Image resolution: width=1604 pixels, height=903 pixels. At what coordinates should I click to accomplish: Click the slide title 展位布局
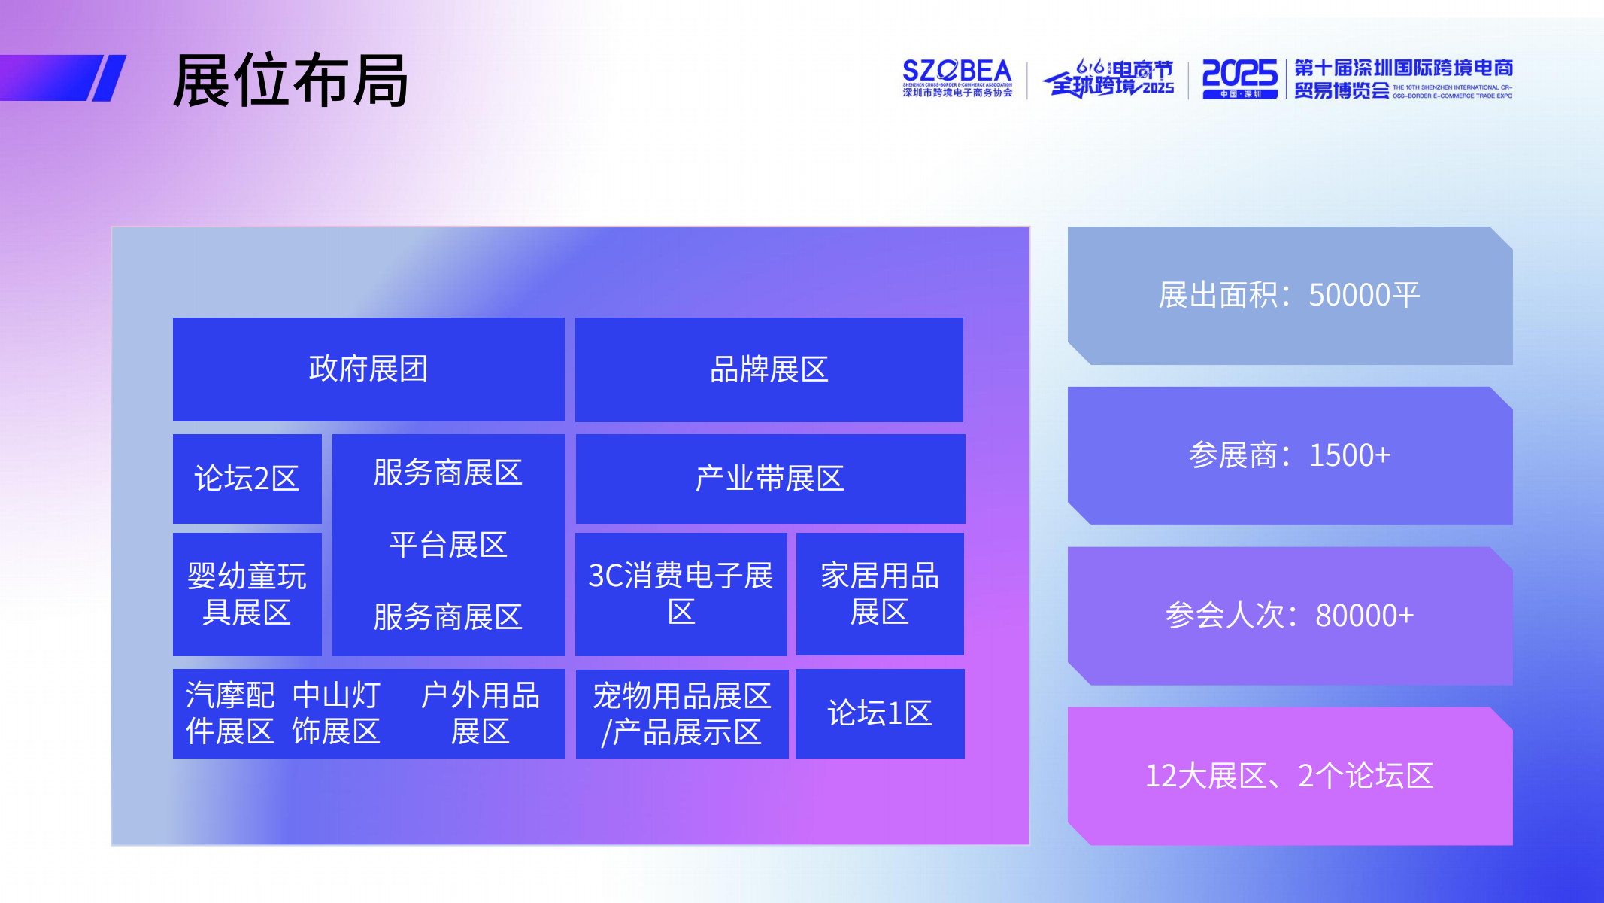pyautogui.click(x=290, y=81)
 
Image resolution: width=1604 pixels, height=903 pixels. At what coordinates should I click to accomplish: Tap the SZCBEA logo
pyautogui.click(x=957, y=78)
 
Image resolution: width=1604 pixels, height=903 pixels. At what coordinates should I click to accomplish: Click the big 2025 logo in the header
pyautogui.click(x=1239, y=78)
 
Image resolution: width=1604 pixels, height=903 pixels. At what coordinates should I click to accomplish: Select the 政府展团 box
pyautogui.click(x=368, y=369)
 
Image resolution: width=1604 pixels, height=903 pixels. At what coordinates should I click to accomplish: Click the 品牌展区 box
pyautogui.click(x=769, y=369)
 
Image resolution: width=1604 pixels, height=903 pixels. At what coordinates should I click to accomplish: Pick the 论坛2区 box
pyautogui.click(x=247, y=479)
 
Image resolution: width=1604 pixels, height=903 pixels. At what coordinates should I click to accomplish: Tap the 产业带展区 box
pyautogui.click(x=769, y=479)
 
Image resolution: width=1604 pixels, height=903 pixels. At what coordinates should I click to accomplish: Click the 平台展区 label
pyautogui.click(x=448, y=545)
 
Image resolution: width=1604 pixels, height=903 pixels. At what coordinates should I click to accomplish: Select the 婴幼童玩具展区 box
pyautogui.click(x=247, y=594)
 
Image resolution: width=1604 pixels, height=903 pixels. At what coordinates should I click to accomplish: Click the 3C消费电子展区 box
pyautogui.click(x=681, y=594)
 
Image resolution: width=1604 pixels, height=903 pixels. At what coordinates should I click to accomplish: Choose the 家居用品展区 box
pyautogui.click(x=879, y=594)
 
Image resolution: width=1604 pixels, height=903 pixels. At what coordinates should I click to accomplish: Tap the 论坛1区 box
pyautogui.click(x=879, y=713)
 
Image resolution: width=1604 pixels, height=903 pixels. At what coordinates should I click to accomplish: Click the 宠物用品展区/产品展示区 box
pyautogui.click(x=681, y=713)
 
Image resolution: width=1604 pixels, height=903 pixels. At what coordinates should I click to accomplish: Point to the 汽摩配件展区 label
pyautogui.click(x=230, y=713)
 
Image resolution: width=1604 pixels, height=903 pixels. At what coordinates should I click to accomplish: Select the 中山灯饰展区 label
pyautogui.click(x=336, y=713)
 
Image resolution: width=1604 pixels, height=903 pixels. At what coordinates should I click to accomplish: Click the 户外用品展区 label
pyautogui.click(x=480, y=713)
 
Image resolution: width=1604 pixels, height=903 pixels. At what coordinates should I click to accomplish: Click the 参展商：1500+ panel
pyautogui.click(x=1289, y=455)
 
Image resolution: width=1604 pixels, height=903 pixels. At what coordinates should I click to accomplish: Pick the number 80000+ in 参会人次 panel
pyautogui.click(x=1364, y=616)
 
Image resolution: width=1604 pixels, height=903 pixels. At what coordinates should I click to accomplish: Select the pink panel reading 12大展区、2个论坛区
pyautogui.click(x=1289, y=776)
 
